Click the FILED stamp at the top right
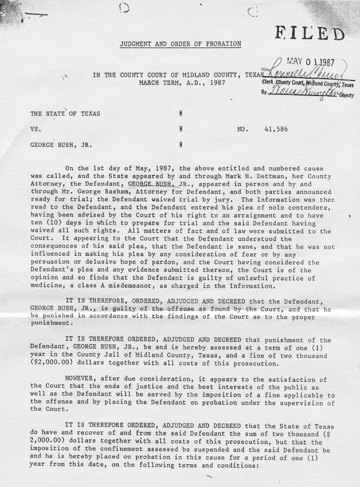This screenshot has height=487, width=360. (311, 34)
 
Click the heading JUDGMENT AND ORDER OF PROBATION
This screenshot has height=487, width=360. (181, 44)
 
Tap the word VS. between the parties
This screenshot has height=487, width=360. (34, 129)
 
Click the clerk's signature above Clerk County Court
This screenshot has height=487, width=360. (297, 73)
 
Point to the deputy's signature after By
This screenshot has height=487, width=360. (303, 92)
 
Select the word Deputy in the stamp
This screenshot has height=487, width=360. (344, 95)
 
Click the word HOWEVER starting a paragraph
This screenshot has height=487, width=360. (84, 380)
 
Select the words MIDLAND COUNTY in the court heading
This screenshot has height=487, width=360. (210, 74)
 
